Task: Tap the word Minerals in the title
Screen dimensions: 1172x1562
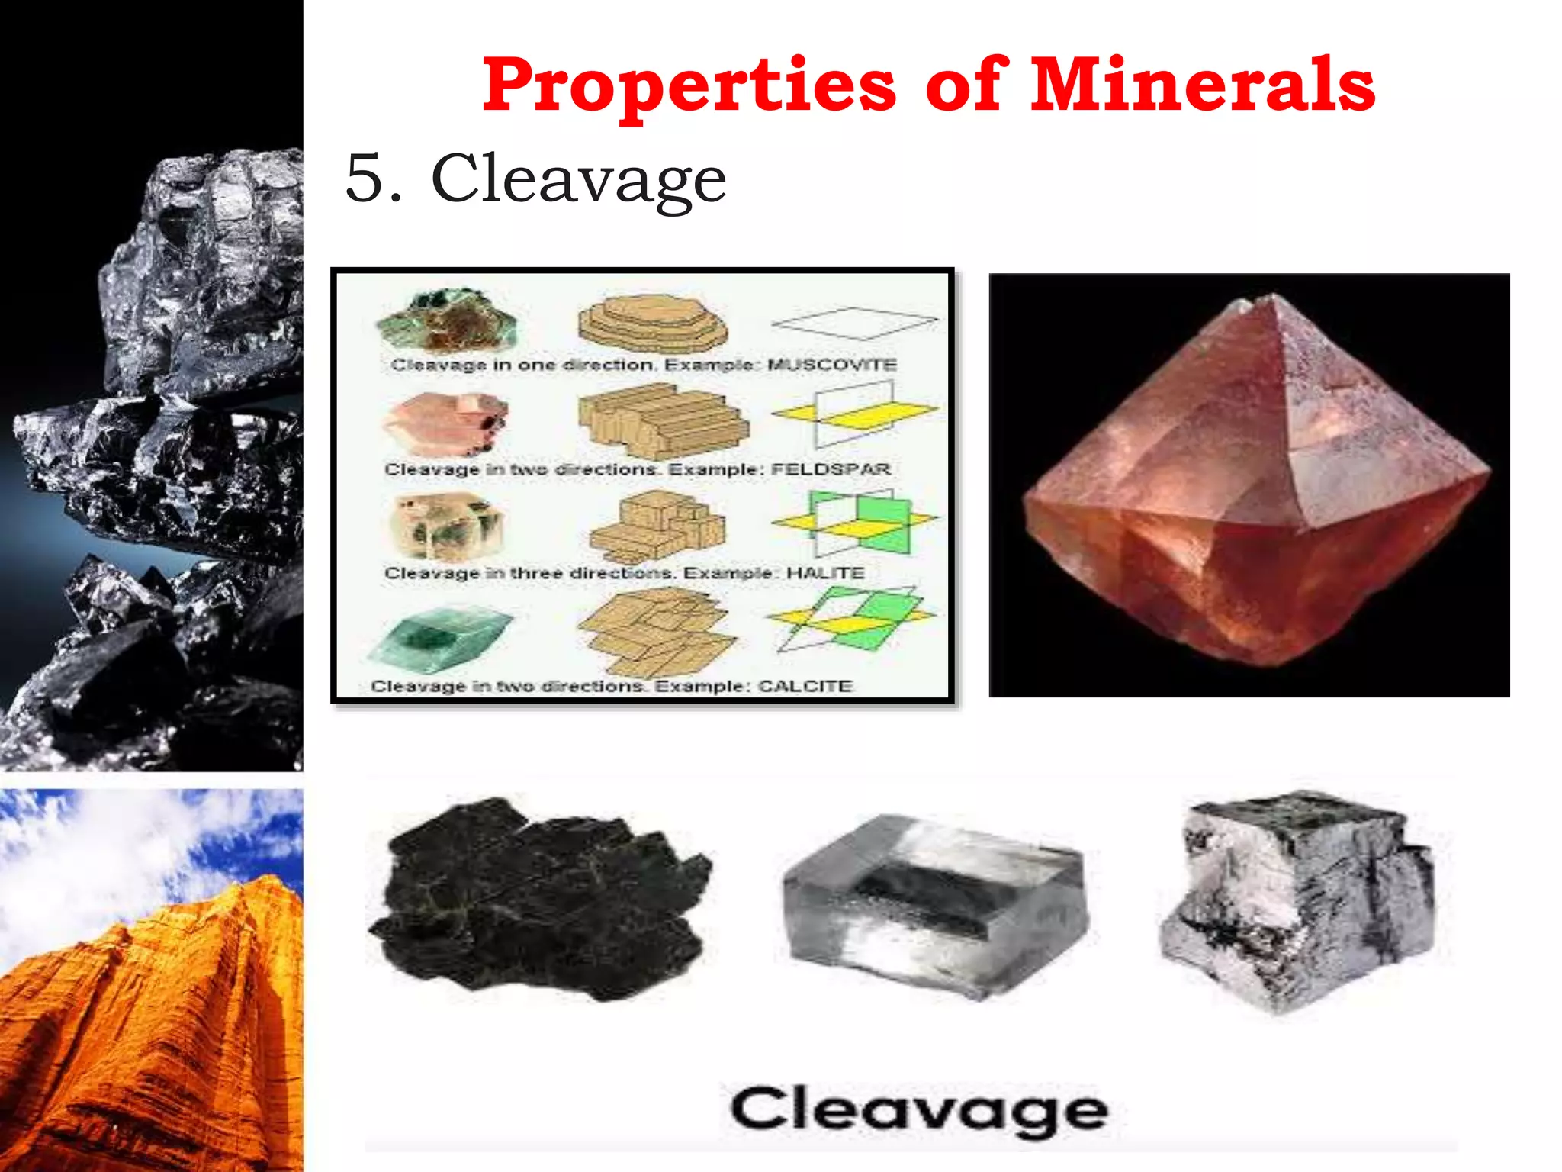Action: [x=1203, y=85]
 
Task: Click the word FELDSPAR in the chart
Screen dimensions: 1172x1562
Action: [x=831, y=468]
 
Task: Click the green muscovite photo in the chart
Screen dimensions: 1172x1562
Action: [x=446, y=320]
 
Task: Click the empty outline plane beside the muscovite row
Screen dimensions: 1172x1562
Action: [x=854, y=323]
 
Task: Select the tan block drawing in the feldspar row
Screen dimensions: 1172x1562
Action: [x=660, y=422]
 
